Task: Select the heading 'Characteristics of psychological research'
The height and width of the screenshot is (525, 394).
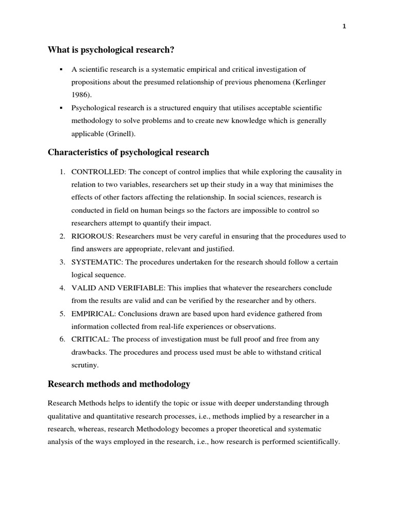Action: coord(128,152)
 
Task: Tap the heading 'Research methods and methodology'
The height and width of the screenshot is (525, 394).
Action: coord(119,383)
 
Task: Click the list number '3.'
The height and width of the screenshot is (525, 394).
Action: coord(62,262)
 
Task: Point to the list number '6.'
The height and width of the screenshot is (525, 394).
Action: coord(62,339)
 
